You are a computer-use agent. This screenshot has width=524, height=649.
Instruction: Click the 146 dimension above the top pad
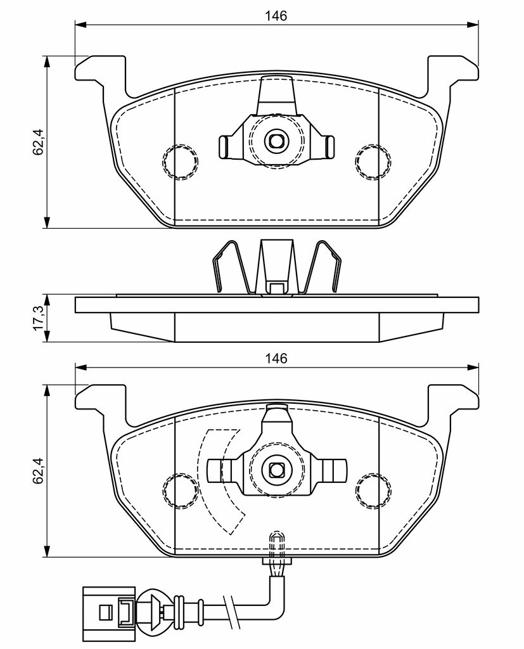pyautogui.click(x=276, y=16)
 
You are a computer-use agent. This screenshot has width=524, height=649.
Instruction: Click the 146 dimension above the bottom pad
pyautogui.click(x=276, y=358)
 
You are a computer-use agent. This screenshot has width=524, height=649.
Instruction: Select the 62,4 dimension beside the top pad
pyautogui.click(x=38, y=142)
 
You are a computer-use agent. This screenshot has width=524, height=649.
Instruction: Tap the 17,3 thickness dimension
pyautogui.click(x=38, y=318)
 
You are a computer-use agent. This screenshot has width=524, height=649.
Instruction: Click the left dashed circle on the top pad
pyautogui.click(x=180, y=162)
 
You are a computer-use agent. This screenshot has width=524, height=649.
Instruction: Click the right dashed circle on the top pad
pyautogui.click(x=373, y=162)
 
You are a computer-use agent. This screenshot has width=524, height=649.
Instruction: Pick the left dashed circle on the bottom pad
pyautogui.click(x=180, y=491)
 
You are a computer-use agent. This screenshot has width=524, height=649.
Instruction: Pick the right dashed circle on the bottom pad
pyautogui.click(x=373, y=491)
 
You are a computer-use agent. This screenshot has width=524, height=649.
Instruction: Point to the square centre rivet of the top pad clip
pyautogui.click(x=276, y=141)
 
